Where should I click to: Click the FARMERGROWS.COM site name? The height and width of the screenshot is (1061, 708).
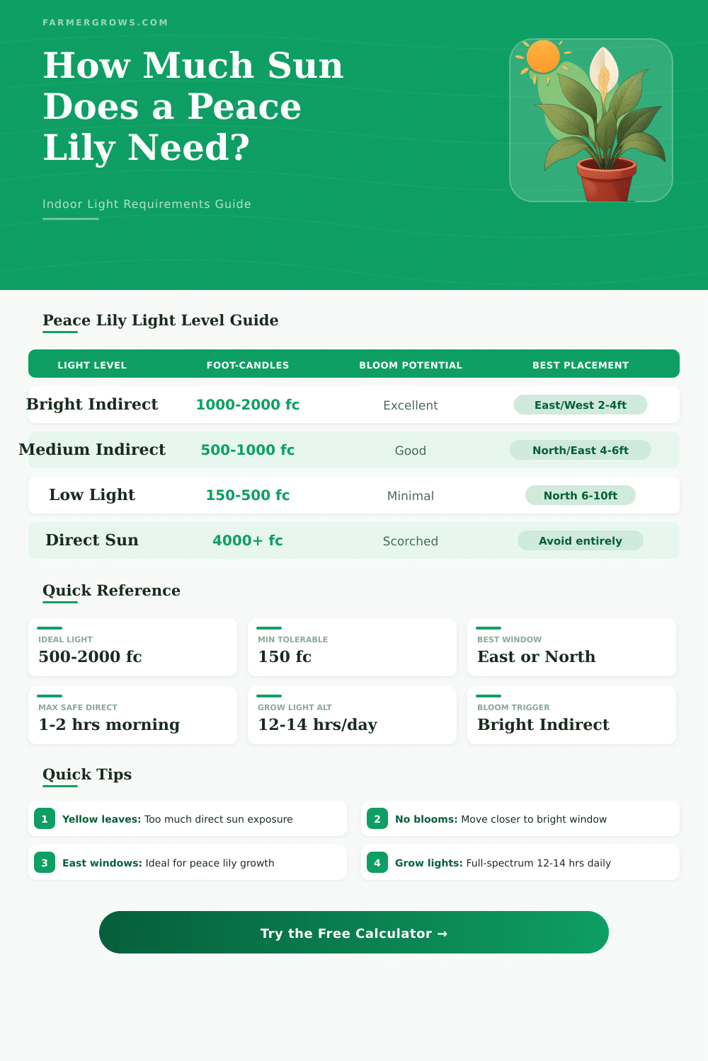[x=105, y=23]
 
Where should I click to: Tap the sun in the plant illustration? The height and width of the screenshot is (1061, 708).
[x=543, y=57]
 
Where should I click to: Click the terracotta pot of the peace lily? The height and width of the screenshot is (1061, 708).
[x=606, y=180]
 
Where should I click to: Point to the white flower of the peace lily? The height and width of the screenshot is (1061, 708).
[x=604, y=71]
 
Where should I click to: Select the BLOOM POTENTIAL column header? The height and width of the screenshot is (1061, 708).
[x=411, y=365]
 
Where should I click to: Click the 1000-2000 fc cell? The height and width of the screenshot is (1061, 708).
[x=248, y=405]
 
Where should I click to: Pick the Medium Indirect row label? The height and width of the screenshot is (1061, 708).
[x=92, y=450]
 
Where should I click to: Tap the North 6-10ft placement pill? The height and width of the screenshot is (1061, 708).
[x=581, y=495]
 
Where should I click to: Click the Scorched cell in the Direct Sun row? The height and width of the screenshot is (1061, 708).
[x=411, y=541]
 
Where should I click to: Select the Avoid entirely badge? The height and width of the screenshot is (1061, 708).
[x=581, y=540]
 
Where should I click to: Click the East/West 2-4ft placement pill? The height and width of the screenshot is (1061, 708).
[x=581, y=405]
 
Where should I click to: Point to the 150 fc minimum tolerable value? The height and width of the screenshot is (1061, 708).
[x=285, y=656]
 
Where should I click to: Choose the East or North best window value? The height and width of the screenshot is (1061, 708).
[x=537, y=656]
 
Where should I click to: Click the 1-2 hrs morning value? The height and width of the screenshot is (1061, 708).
[x=109, y=724]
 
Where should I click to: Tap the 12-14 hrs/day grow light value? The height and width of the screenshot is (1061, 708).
[x=318, y=724]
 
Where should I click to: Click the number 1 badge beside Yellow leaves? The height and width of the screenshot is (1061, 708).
[x=45, y=819]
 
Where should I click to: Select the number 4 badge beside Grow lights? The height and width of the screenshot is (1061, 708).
[x=377, y=863]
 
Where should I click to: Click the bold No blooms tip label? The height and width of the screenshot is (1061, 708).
[x=426, y=819]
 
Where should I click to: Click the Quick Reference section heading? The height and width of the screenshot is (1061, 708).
[x=111, y=591]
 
